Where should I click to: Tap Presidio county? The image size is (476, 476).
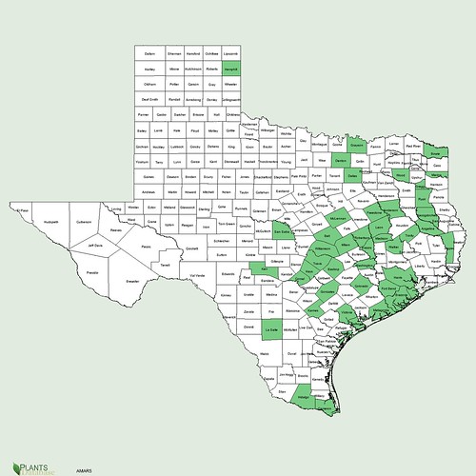tap(91, 274)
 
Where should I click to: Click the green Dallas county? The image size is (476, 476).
tap(354, 177)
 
